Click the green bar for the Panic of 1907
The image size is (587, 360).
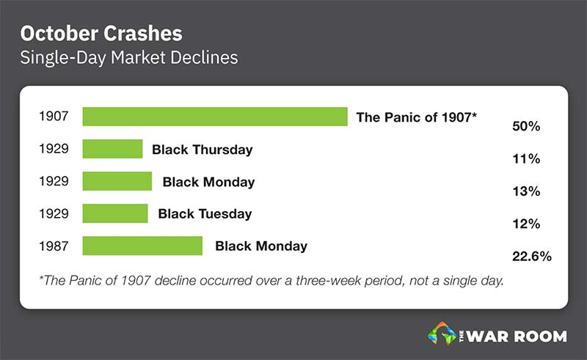tap(215, 117)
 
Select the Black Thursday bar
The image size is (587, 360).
tap(112, 149)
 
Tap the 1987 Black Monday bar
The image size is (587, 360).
tap(142, 246)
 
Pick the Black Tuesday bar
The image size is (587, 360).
tap(115, 213)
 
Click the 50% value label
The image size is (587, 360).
tap(526, 126)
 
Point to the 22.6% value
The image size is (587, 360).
tap(531, 257)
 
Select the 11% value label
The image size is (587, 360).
tap(526, 158)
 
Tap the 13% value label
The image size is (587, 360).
tap(526, 191)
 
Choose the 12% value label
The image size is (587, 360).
tap(526, 224)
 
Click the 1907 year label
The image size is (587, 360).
tap(54, 116)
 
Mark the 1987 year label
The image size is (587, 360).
tap(54, 246)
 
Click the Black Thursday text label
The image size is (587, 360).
tap(203, 150)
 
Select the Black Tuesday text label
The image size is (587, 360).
tap(205, 213)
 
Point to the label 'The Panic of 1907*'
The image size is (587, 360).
tap(416, 117)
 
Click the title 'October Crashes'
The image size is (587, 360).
tap(101, 33)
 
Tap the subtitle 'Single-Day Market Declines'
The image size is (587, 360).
tap(129, 58)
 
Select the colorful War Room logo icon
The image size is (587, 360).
tap(442, 334)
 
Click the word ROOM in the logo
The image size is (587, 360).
tap(540, 337)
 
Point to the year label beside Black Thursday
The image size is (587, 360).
tap(54, 149)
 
